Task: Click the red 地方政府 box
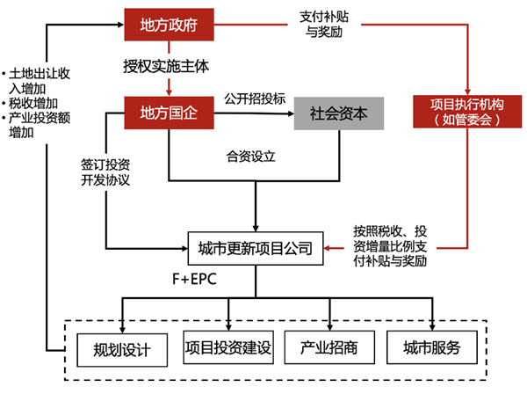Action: coord(168,26)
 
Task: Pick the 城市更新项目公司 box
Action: coord(255,249)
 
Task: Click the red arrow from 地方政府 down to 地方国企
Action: coord(168,85)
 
